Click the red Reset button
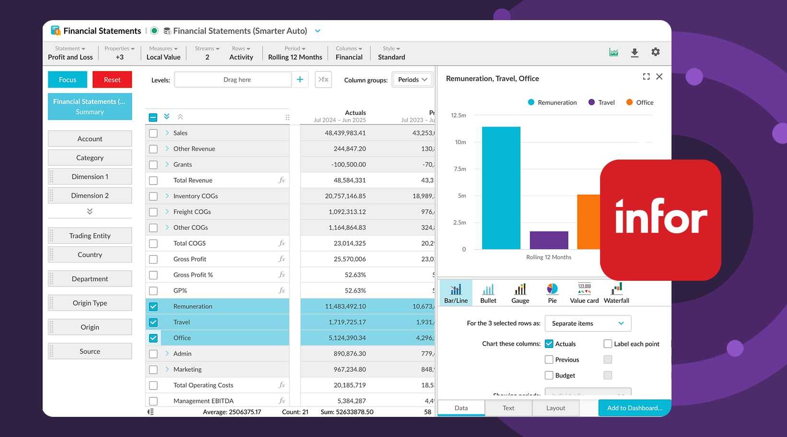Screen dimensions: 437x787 [x=112, y=80]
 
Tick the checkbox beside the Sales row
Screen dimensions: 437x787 [x=153, y=133]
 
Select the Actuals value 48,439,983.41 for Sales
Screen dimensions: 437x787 [x=345, y=133]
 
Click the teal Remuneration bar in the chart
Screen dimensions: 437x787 [x=501, y=188]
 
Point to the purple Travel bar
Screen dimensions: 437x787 [x=549, y=240]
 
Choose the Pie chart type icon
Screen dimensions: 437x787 [x=552, y=293]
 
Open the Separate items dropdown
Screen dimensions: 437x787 [x=588, y=323]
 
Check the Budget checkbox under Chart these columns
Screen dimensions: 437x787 [x=549, y=376]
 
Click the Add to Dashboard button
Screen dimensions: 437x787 [x=634, y=408]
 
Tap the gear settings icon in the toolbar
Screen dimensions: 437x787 [x=655, y=52]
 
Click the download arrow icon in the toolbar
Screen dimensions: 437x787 [x=634, y=53]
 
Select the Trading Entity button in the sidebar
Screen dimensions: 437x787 [x=90, y=236]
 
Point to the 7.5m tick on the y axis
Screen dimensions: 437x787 [x=460, y=169]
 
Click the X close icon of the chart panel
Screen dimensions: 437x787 [x=659, y=77]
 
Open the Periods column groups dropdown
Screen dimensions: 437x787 [x=412, y=80]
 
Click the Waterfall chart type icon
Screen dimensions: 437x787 [x=616, y=293]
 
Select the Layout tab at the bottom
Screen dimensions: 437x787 [x=556, y=408]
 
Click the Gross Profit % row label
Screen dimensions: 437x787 [x=193, y=275]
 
